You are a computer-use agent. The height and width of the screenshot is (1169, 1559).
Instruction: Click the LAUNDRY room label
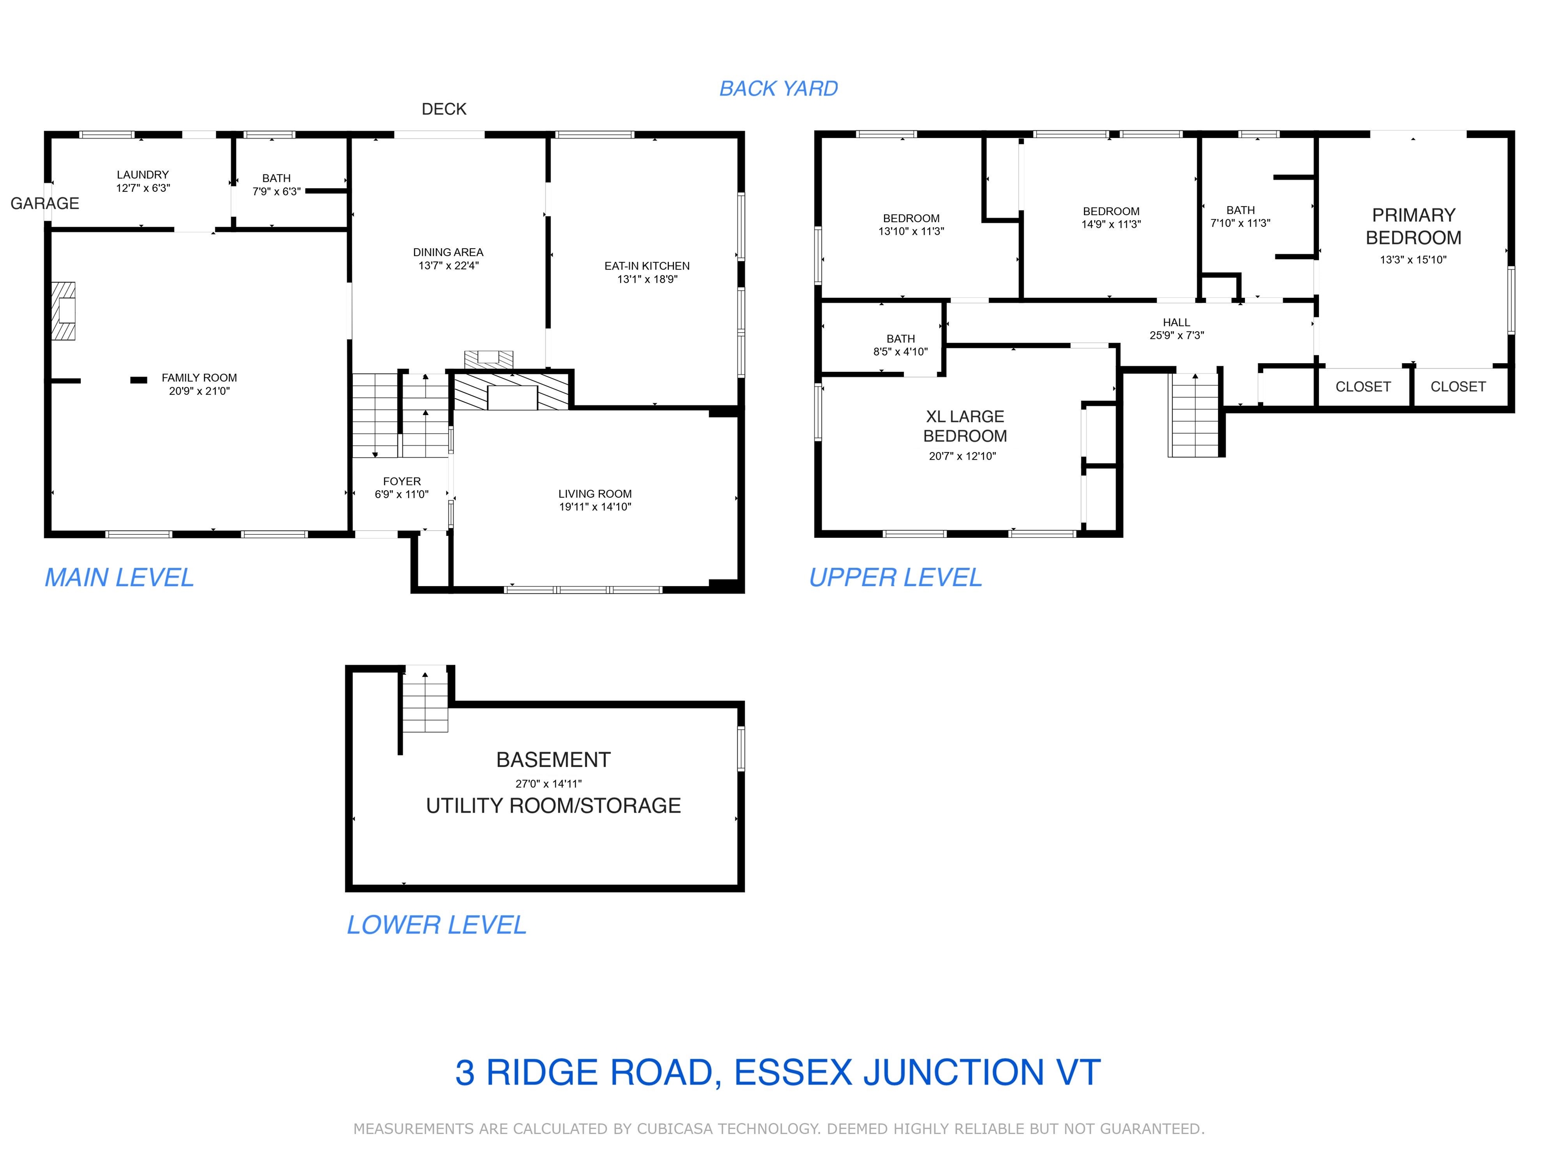(x=143, y=174)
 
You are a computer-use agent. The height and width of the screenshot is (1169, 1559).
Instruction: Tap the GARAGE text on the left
(x=44, y=203)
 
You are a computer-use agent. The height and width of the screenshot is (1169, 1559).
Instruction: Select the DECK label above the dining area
(x=444, y=109)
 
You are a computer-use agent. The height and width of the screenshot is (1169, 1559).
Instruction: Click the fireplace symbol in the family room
(x=63, y=311)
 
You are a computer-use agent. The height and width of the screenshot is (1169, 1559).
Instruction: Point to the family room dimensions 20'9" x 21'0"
(x=199, y=391)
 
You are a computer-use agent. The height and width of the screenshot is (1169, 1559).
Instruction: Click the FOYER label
(x=402, y=482)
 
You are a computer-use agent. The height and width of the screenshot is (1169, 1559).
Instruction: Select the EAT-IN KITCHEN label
(x=647, y=266)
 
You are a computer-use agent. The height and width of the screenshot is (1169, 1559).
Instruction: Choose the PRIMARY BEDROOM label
(x=1413, y=226)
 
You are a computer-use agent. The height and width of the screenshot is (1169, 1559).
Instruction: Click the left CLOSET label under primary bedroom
(x=1363, y=387)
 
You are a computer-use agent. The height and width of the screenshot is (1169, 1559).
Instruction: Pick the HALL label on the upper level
(x=1176, y=323)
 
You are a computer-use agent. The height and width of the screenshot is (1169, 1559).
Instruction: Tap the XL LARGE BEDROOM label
(x=965, y=426)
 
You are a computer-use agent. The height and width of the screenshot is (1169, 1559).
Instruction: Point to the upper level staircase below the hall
(x=1195, y=416)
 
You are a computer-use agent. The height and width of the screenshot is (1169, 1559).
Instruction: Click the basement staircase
(x=425, y=701)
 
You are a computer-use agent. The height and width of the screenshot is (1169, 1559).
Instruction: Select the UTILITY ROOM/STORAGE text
(x=553, y=805)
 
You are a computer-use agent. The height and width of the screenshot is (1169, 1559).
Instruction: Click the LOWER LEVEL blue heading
(x=436, y=924)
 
